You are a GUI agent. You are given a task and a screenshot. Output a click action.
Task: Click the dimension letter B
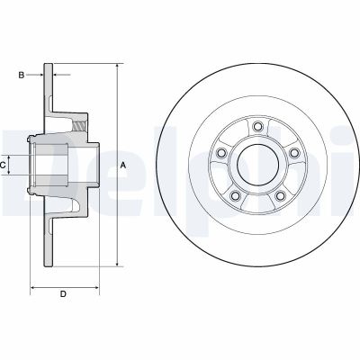(x=22, y=76)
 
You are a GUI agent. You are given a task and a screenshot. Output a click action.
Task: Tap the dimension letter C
(x=4, y=165)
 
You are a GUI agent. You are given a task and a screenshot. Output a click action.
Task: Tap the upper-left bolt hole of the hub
(x=221, y=149)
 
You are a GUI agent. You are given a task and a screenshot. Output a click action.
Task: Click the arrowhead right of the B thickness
(x=53, y=76)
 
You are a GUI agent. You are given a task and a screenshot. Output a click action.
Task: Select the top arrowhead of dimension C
(x=14, y=154)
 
